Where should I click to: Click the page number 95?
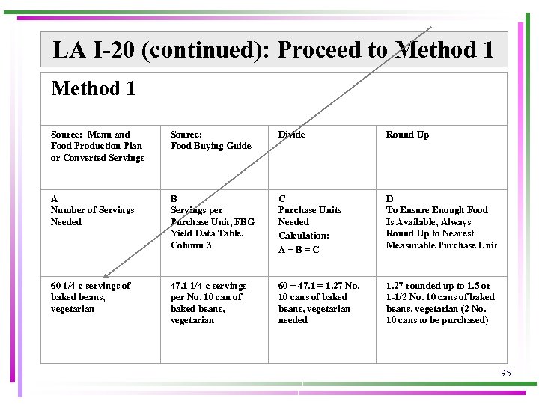[506, 372]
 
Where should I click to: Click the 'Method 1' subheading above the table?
[93, 88]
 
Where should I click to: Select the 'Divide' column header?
[291, 135]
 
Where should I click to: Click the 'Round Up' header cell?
[407, 135]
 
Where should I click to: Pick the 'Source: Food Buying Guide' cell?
[210, 140]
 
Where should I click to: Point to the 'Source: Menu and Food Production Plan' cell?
[97, 146]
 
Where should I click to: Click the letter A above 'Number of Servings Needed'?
[55, 198]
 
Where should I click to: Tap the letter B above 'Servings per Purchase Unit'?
[174, 198]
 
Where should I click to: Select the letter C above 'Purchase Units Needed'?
[282, 198]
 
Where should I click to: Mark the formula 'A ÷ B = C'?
[299, 250]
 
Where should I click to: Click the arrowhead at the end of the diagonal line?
[106, 275]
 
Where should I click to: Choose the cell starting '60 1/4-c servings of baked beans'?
[90, 297]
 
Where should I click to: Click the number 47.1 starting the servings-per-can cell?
[180, 286]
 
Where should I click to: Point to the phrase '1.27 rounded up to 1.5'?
[438, 286]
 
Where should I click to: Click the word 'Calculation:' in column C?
[303, 235]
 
